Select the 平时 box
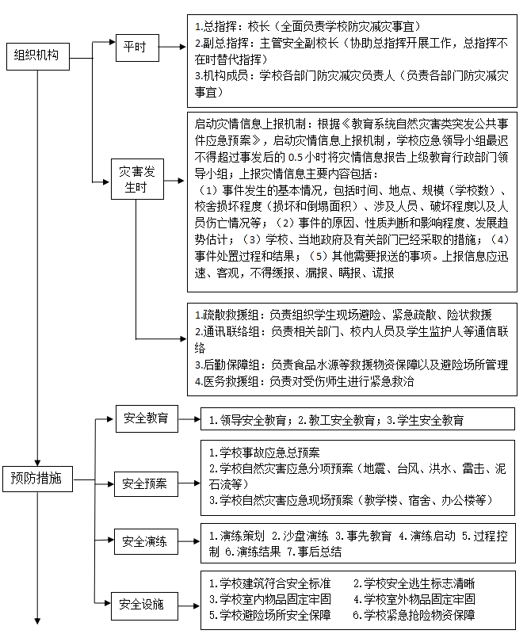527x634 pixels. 136,47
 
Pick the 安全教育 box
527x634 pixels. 146,418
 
